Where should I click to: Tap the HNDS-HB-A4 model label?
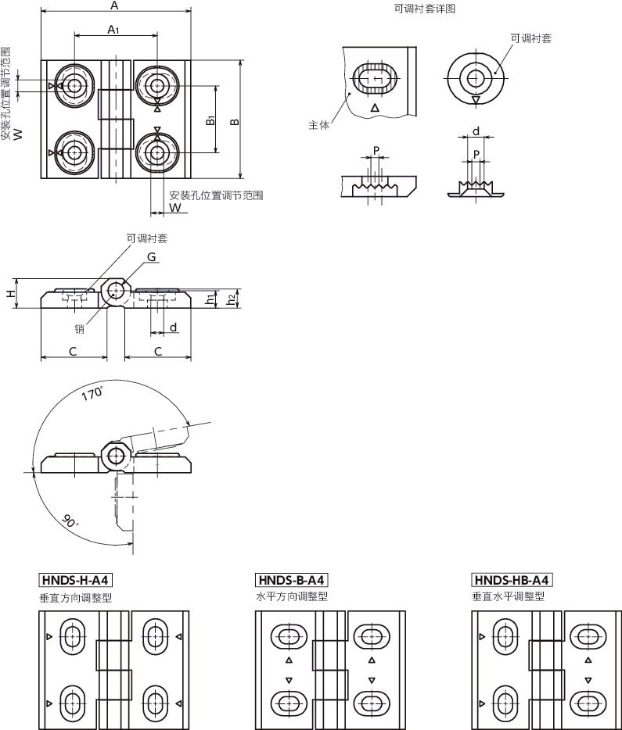512,580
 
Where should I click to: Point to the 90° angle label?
71,521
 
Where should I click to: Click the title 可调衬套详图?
425,9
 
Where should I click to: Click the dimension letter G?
152,257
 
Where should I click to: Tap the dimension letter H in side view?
10,293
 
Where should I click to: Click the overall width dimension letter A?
114,6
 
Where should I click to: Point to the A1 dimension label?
113,30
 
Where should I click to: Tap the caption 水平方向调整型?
292,596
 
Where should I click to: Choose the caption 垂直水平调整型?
508,596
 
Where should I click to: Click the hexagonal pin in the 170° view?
116,456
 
